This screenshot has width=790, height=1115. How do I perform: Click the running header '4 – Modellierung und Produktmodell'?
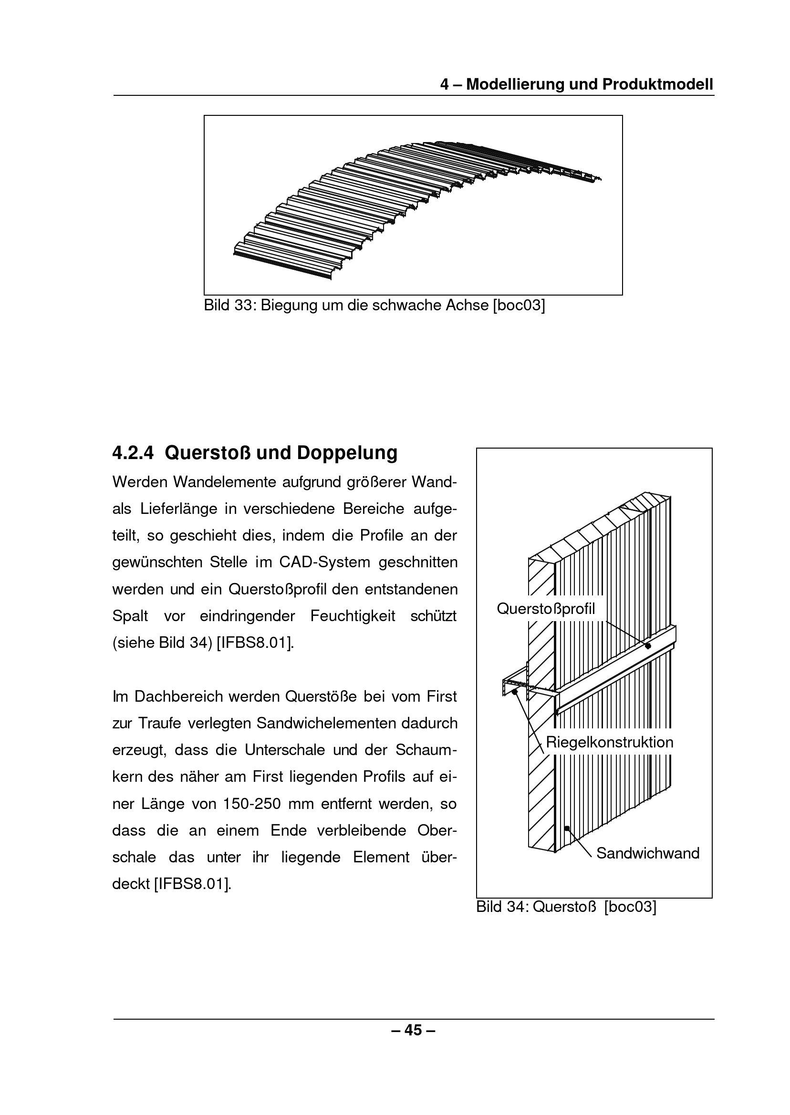click(x=576, y=84)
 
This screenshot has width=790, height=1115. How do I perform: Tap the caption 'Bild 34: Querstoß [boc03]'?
click(x=566, y=907)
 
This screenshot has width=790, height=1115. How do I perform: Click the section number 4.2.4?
click(x=133, y=453)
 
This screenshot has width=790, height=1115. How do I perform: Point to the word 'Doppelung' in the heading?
click(x=347, y=453)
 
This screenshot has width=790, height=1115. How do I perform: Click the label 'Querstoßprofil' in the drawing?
click(x=546, y=609)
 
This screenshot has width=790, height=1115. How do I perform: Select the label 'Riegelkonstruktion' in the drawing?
click(x=610, y=742)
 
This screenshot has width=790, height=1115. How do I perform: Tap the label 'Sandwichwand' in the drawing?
click(x=648, y=853)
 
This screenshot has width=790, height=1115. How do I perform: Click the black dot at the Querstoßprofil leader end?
click(x=648, y=646)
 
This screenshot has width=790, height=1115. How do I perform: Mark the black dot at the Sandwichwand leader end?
click(x=567, y=828)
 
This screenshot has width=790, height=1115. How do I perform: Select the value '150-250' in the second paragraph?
click(x=252, y=803)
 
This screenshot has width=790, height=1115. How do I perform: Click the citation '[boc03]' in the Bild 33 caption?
click(x=519, y=306)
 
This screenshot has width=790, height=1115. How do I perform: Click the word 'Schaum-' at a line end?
click(x=426, y=750)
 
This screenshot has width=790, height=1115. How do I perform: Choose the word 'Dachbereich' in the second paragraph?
click(x=176, y=696)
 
